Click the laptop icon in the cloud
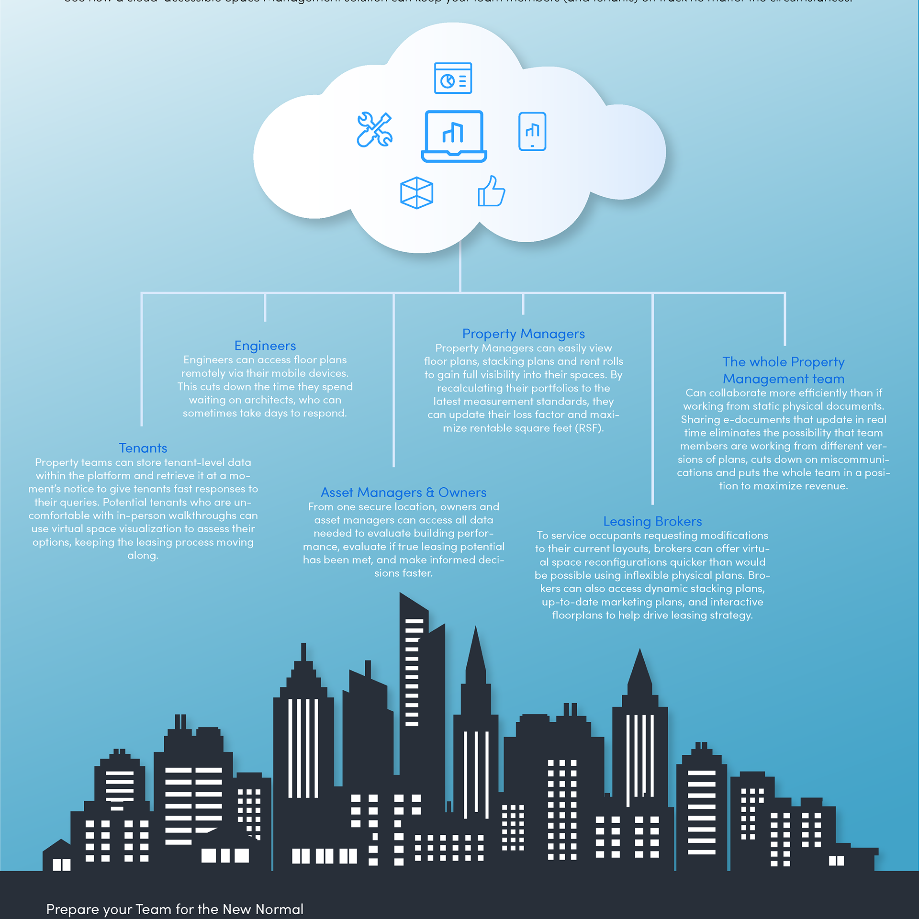pos(454,136)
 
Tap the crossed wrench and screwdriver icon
pos(374,129)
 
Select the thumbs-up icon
pos(491,191)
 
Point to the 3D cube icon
pos(416,193)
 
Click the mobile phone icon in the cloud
pos(532,132)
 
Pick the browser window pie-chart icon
pos(453,78)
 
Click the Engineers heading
pos(265,346)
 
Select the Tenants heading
pos(143,448)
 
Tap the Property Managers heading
pos(523,334)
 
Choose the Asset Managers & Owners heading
pos(403,492)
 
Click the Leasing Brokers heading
pos(652,521)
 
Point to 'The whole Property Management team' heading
pos(784,370)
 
